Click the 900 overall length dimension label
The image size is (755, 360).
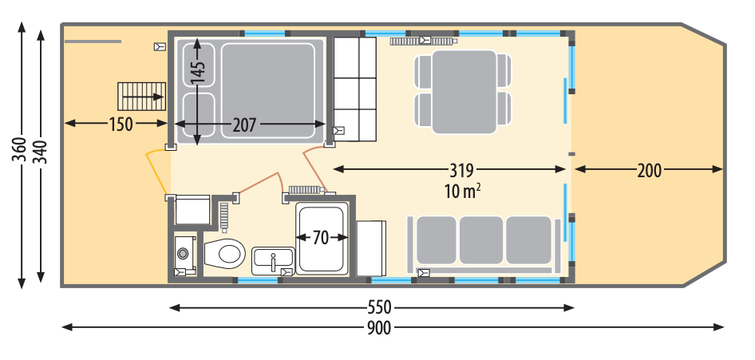[x=379, y=328]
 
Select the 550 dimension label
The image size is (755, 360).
[x=379, y=307]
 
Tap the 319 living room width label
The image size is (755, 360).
[x=462, y=169]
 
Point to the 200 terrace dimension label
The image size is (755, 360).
[x=649, y=170]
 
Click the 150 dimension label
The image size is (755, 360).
[x=121, y=125]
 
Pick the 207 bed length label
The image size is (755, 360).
[x=244, y=125]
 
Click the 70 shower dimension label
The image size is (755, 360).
[x=321, y=238]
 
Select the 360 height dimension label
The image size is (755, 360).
[x=21, y=150]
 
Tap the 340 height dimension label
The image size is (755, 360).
[x=41, y=152]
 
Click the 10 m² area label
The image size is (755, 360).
[x=463, y=191]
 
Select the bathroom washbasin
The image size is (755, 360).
[x=273, y=260]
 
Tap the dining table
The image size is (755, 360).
[x=464, y=92]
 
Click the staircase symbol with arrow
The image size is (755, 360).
[x=141, y=97]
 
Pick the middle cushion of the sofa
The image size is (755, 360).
[x=481, y=239]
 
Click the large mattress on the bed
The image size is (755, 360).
[x=267, y=91]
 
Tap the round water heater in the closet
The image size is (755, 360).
[x=183, y=253]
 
